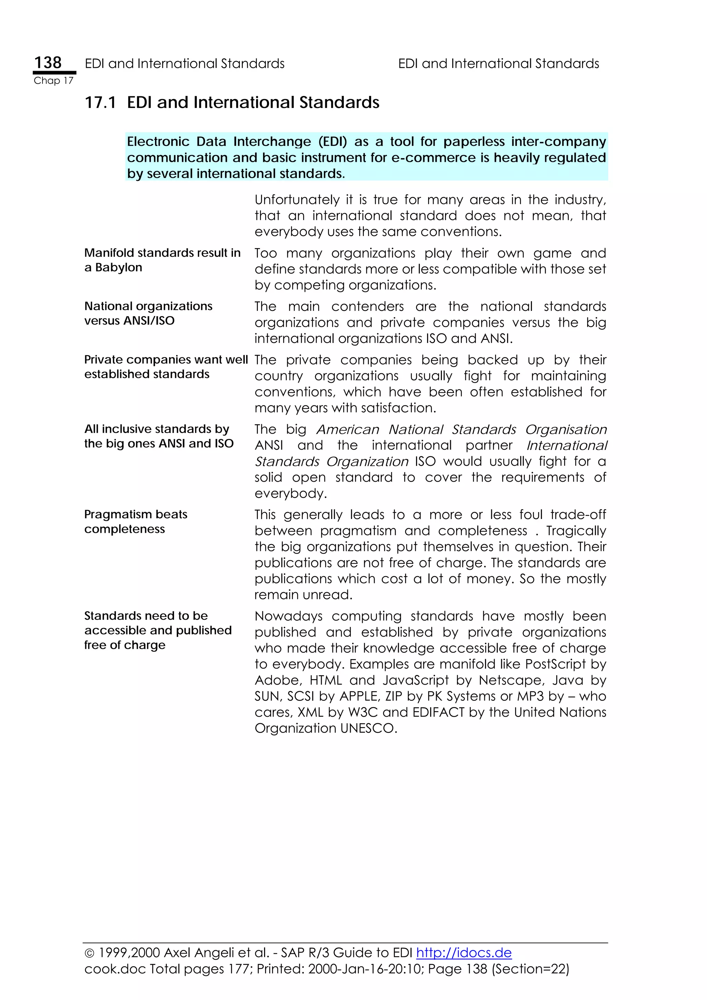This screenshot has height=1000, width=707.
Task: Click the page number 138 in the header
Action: pyautogui.click(x=48, y=63)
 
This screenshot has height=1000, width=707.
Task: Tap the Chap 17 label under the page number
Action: pyautogui.click(x=53, y=81)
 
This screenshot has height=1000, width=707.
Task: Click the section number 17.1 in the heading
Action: pyautogui.click(x=100, y=103)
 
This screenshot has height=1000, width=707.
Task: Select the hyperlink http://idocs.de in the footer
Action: pyautogui.click(x=464, y=952)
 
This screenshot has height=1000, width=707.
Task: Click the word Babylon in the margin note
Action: pyautogui.click(x=118, y=267)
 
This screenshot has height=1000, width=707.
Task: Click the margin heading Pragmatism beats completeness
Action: pyautogui.click(x=135, y=521)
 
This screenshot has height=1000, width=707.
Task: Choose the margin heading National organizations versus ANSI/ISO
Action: pyautogui.click(x=148, y=313)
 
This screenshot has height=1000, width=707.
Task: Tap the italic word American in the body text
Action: pyautogui.click(x=348, y=430)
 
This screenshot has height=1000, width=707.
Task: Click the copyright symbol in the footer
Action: pyautogui.click(x=89, y=953)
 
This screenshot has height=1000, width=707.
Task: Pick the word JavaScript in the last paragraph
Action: pyautogui.click(x=416, y=680)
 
